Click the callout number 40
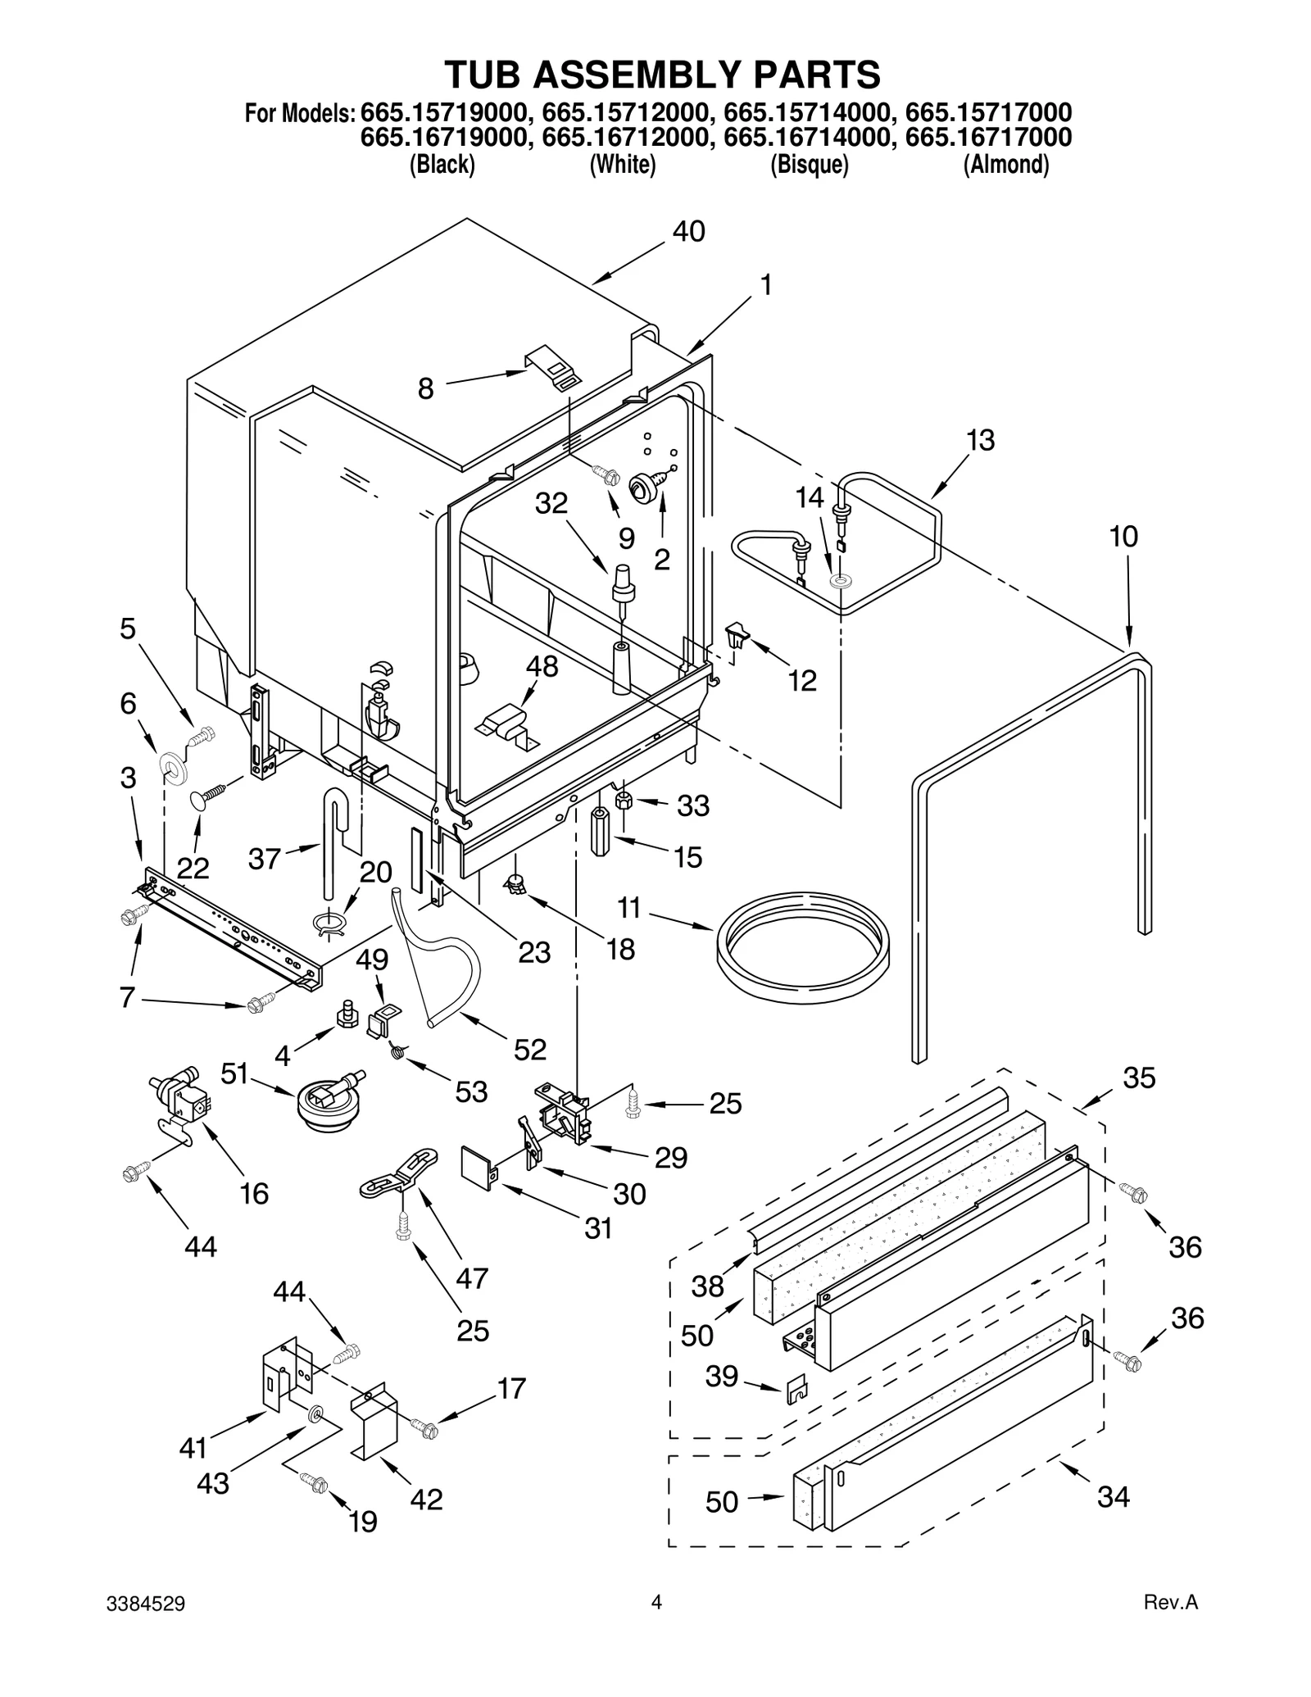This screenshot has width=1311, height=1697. tap(688, 232)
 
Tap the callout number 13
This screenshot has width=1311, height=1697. tap(980, 440)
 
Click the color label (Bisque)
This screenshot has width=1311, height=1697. tap(809, 165)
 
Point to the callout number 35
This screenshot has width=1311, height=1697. tap(1138, 1077)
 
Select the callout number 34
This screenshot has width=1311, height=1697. tap(1114, 1496)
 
